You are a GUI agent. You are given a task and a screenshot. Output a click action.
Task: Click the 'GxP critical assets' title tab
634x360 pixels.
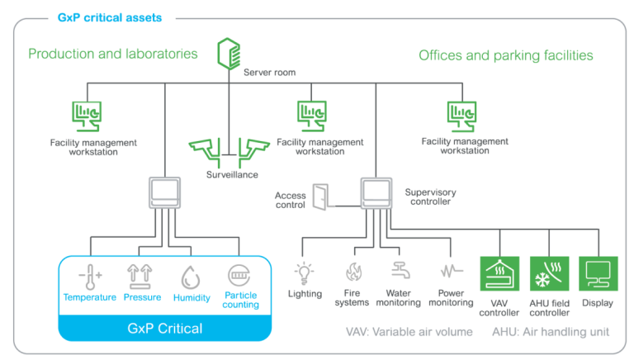click(x=111, y=16)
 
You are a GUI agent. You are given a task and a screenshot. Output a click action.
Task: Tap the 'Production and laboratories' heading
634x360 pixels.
click(x=113, y=54)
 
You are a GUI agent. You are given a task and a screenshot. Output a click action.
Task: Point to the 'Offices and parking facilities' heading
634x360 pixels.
click(x=506, y=55)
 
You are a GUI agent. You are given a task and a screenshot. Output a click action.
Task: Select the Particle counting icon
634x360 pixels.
click(x=238, y=276)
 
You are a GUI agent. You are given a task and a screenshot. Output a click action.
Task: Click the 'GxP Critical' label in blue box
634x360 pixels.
click(x=163, y=328)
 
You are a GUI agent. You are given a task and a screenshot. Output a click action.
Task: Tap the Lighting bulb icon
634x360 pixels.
click(x=305, y=272)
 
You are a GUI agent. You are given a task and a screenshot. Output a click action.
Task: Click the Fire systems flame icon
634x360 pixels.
click(x=352, y=272)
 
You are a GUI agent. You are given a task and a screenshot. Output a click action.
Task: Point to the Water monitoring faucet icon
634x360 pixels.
click(x=400, y=272)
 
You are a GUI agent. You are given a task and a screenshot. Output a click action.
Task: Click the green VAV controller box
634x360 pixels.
click(x=500, y=273)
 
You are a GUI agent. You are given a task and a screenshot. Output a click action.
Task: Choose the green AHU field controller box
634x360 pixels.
click(x=549, y=273)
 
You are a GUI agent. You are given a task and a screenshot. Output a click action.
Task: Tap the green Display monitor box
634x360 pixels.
click(x=598, y=273)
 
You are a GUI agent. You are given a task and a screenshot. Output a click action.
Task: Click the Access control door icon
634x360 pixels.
click(x=320, y=196)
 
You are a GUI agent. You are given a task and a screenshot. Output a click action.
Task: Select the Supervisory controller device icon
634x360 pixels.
click(x=377, y=192)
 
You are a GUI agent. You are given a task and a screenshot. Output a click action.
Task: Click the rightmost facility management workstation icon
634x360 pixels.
click(x=461, y=116)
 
